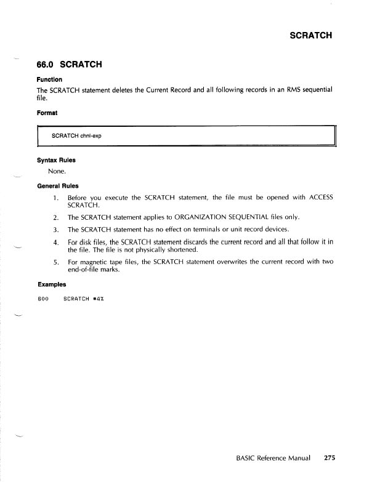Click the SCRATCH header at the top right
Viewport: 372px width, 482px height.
[x=310, y=34]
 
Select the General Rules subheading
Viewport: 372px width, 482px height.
[x=60, y=185]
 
